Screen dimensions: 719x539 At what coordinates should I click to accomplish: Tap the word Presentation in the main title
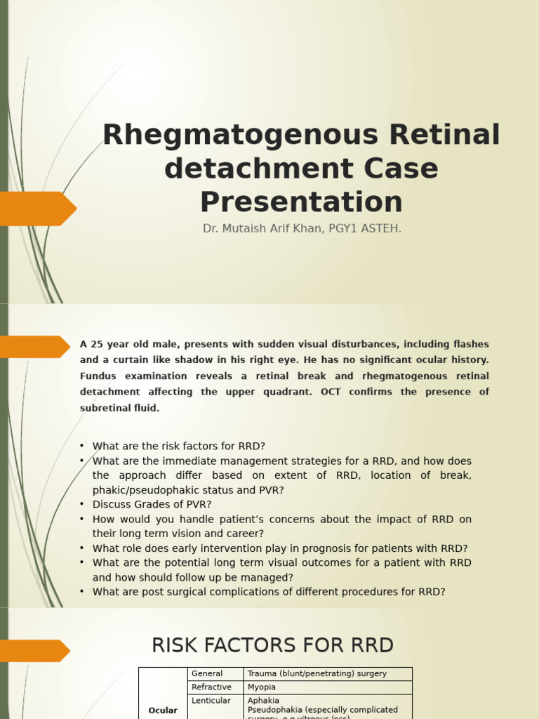301,202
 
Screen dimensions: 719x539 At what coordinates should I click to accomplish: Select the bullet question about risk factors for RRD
179,446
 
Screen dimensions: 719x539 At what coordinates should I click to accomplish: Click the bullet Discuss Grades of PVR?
152,504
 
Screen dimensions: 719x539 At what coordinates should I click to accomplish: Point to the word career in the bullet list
239,534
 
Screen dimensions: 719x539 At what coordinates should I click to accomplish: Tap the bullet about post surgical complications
269,592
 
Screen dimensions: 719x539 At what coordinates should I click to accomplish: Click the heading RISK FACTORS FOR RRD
273,645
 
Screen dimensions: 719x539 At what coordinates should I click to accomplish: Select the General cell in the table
207,673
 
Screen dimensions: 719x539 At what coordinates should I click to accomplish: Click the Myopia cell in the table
262,687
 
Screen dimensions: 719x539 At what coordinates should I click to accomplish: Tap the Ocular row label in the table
163,711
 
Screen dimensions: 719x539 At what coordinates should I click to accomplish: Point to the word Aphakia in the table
263,700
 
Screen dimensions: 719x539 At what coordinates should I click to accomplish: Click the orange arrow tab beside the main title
39,209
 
